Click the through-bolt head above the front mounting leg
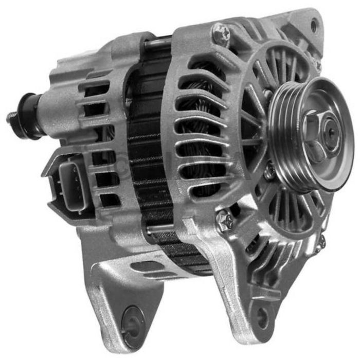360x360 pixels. click(225, 220)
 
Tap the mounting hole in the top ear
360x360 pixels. click(314, 23)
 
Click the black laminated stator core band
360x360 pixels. click(149, 154)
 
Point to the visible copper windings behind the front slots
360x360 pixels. click(206, 129)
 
